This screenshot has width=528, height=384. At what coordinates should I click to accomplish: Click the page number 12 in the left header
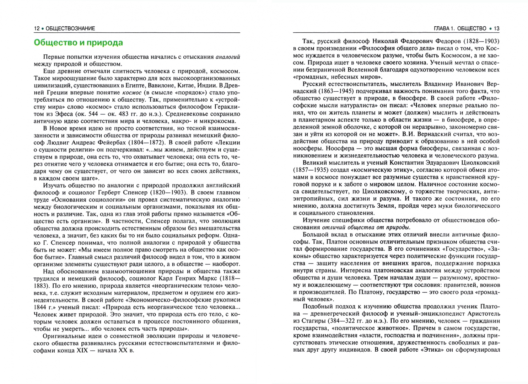37,28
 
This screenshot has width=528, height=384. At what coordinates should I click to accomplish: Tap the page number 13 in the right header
497,28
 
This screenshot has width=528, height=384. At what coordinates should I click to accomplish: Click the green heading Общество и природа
78,43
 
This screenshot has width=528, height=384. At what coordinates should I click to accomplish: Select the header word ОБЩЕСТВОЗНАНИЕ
70,28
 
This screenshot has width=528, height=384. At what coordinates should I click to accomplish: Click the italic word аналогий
228,57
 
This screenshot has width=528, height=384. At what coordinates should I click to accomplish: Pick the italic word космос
131,92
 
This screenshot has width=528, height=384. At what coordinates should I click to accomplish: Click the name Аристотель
483,314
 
